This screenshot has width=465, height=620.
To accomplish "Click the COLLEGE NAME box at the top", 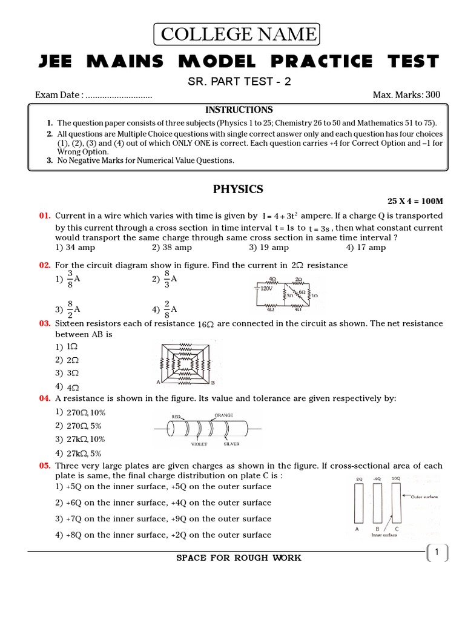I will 238,35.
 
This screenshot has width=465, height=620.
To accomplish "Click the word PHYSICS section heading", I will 238,190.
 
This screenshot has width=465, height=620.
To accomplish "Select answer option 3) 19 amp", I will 268,248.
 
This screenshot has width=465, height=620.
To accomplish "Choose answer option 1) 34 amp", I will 75,248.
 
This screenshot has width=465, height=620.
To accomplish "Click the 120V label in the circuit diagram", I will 265,289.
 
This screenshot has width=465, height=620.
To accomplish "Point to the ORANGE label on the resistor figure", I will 223,415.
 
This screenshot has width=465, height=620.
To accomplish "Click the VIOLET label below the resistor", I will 199,444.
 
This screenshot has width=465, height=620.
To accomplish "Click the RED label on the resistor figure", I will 177,417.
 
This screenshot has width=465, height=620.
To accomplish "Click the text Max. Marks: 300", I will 406,95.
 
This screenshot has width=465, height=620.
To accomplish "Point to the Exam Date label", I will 58,95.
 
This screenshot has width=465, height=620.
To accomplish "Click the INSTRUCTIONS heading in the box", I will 239,110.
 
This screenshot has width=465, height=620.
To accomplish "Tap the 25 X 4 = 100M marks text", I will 415,201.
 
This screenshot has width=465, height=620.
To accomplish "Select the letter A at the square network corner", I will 158,383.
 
